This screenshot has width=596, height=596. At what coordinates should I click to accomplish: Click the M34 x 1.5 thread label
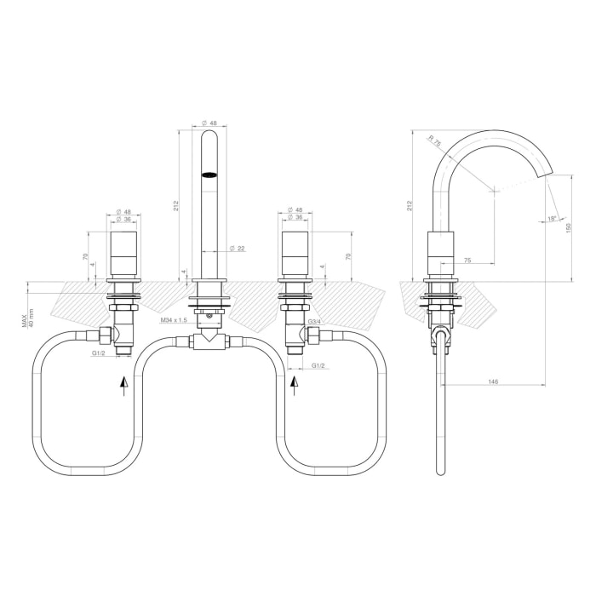(175, 319)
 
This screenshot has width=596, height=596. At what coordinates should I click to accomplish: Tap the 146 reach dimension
(493, 381)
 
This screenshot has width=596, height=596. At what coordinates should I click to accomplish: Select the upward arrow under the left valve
(124, 385)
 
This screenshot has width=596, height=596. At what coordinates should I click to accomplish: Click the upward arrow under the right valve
(295, 385)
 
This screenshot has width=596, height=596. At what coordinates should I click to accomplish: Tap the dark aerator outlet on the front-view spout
(209, 175)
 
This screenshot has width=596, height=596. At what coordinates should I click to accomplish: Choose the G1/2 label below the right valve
(318, 365)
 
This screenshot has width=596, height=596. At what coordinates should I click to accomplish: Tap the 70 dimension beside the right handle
(349, 255)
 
